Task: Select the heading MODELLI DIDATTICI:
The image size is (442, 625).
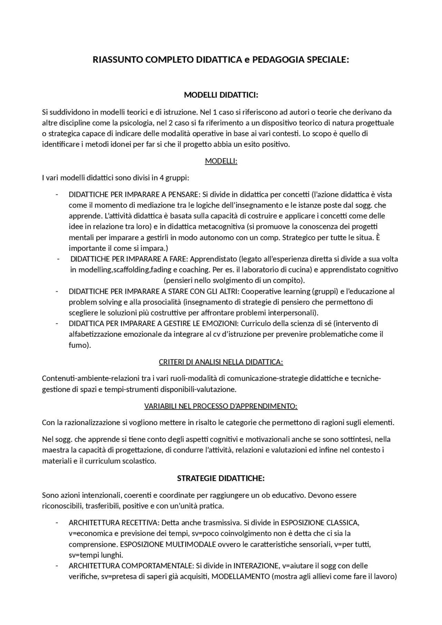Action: (x=221, y=95)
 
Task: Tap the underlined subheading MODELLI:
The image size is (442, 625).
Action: (x=221, y=161)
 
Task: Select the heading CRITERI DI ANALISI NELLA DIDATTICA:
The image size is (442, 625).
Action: (x=221, y=362)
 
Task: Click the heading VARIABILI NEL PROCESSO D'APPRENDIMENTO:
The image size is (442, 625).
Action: (x=221, y=406)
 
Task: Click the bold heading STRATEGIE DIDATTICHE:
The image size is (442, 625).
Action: (x=221, y=478)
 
